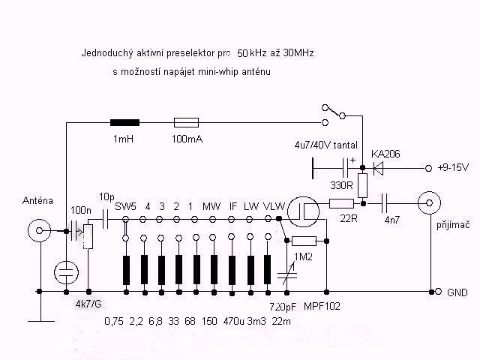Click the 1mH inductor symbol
pos(125,123)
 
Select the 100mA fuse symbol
pos(186,123)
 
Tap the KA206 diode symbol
pos(378,168)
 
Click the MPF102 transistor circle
pos(304,211)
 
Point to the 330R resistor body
pos(362,185)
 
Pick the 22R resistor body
pos(342,203)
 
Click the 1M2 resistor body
pos(304,241)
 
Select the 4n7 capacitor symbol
pos(385,203)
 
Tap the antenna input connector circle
pos(39,230)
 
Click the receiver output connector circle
pos(429,203)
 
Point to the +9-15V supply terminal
pos(428,168)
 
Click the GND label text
pos(457,292)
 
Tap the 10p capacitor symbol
pos(105,219)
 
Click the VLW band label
pos(274,206)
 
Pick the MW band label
pos(211,206)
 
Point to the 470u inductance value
pos(234,321)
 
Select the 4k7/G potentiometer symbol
pos(88,236)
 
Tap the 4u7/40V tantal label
pos(325,145)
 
